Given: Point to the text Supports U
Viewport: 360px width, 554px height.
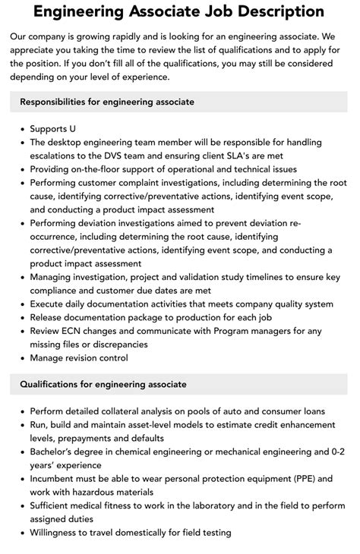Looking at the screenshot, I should click(53, 129).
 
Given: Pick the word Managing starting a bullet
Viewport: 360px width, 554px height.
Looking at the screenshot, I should click(53, 277).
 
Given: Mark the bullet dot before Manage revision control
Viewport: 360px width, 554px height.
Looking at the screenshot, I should click(21, 357).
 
